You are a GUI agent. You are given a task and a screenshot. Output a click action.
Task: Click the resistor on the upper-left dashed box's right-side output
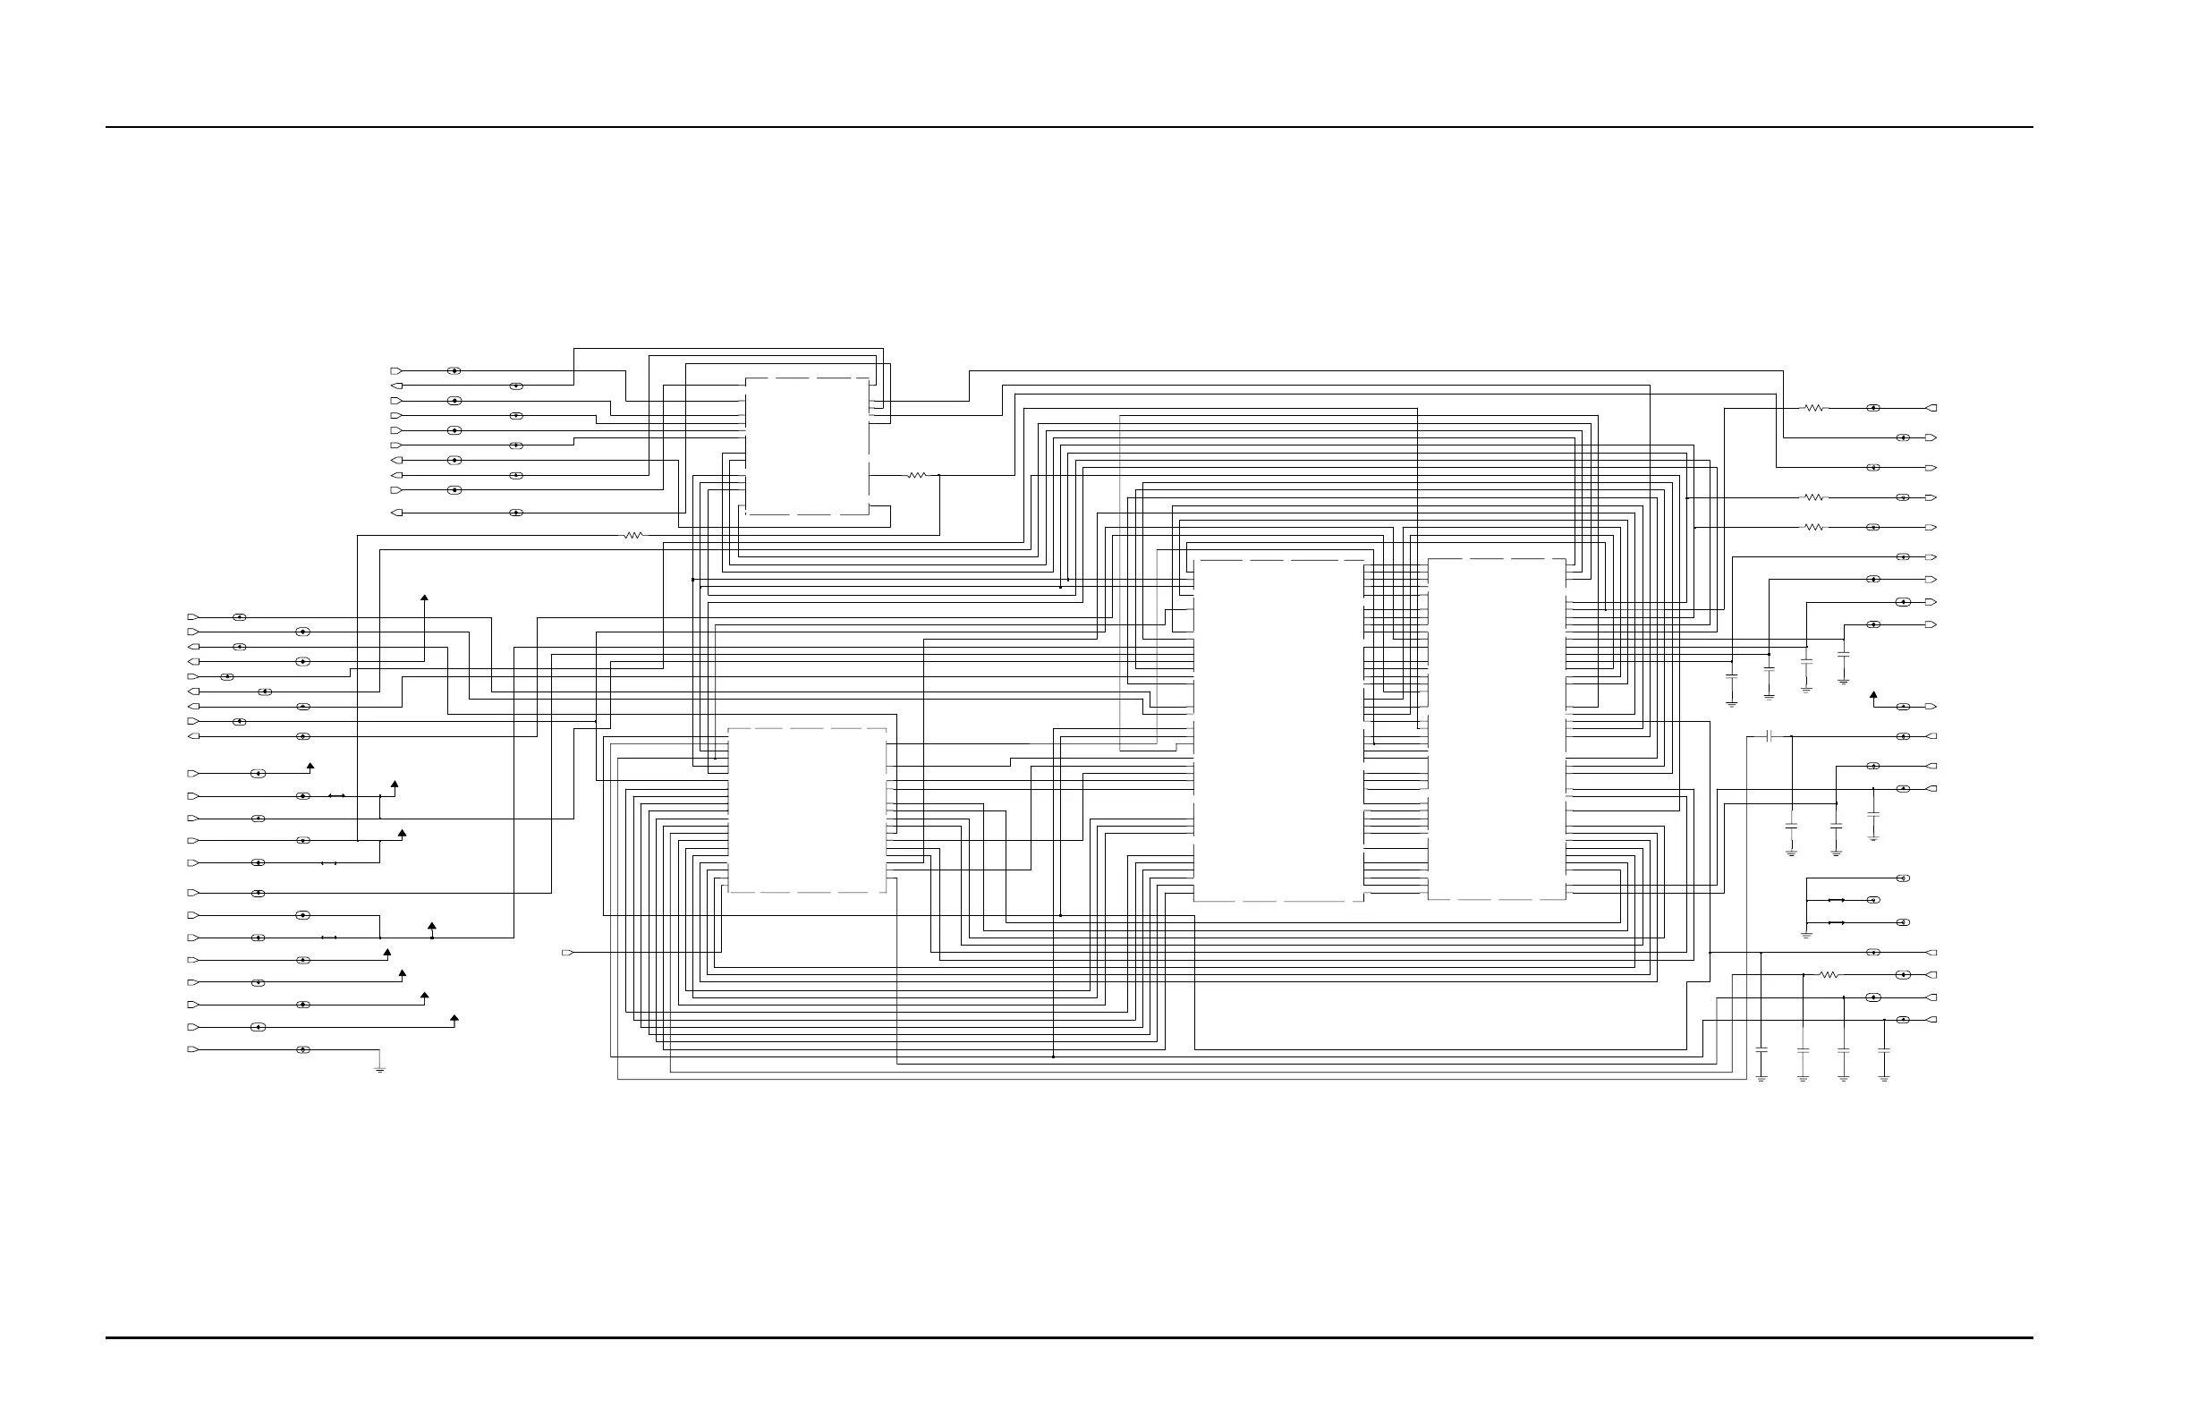(916, 476)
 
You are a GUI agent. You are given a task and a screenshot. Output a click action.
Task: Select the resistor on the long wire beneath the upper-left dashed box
(633, 536)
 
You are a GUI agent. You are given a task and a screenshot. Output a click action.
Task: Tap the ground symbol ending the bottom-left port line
(379, 1069)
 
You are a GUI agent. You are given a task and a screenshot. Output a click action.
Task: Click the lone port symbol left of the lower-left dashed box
(567, 953)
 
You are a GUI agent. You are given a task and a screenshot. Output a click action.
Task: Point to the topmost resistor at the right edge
(1812, 408)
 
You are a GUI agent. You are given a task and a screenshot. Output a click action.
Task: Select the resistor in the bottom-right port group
(1829, 974)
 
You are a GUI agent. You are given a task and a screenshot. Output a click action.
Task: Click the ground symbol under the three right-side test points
(1806, 935)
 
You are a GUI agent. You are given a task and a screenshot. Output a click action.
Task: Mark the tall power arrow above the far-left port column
(424, 599)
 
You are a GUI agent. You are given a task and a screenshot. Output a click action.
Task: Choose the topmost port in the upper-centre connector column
(396, 371)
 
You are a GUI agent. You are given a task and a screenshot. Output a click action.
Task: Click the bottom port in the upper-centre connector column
(396, 513)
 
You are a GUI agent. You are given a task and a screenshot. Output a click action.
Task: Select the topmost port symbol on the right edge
(1931, 408)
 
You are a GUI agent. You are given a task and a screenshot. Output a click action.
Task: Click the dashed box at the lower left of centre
(807, 810)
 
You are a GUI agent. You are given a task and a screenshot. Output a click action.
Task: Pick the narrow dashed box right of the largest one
(1496, 729)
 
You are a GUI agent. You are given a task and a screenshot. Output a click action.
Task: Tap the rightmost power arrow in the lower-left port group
(454, 1019)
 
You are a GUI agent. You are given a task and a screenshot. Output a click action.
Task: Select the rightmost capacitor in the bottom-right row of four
(1883, 1050)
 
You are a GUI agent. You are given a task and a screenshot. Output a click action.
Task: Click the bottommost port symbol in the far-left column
(192, 1050)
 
